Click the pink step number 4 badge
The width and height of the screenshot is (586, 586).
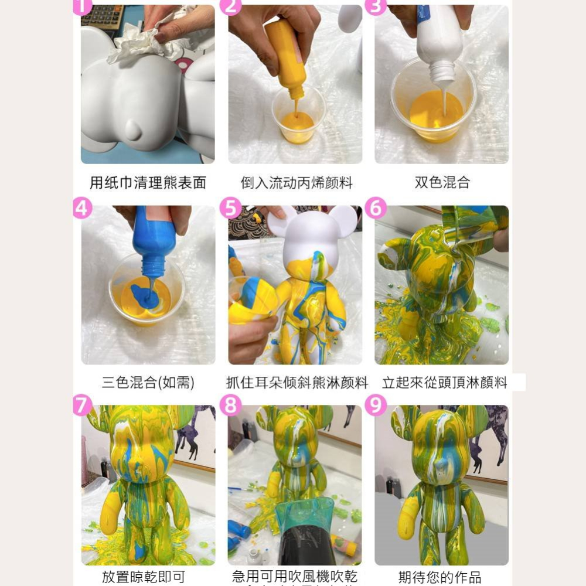[82, 208]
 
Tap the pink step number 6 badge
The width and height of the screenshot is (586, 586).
[375, 208]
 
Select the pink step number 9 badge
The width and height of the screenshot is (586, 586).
[375, 405]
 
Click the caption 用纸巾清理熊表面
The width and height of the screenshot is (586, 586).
[148, 183]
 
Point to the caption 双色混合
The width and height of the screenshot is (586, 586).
[442, 183]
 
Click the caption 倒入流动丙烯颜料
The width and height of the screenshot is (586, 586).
[297, 183]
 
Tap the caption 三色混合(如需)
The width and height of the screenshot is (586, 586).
[148, 383]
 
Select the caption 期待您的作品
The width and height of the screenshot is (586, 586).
[439, 577]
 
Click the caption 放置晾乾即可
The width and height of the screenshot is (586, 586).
[144, 577]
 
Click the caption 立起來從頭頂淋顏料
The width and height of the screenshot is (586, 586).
[445, 383]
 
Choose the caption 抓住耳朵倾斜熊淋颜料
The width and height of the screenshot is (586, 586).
[297, 383]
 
